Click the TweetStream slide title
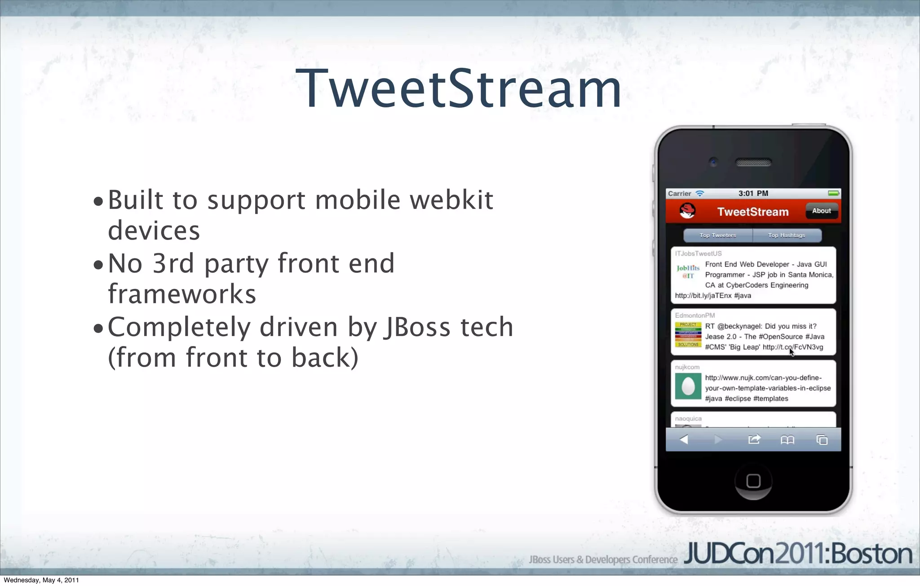tap(459, 89)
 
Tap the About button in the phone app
tap(821, 211)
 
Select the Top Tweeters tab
tap(718, 235)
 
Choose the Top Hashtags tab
tap(787, 235)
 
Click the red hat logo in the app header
tap(687, 210)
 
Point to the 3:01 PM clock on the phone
tap(753, 193)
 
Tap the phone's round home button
tap(753, 481)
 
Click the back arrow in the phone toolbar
tap(684, 439)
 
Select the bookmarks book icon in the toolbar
tap(787, 440)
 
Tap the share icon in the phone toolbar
tap(754, 439)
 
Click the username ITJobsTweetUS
tap(698, 253)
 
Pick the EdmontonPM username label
tap(694, 315)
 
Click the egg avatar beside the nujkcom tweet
tap(688, 386)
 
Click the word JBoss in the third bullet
tap(416, 327)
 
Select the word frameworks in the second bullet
tap(182, 294)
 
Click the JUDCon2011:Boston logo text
tap(798, 554)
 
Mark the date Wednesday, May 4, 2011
tap(41, 580)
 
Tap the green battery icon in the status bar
tap(833, 193)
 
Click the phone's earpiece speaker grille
tap(753, 162)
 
